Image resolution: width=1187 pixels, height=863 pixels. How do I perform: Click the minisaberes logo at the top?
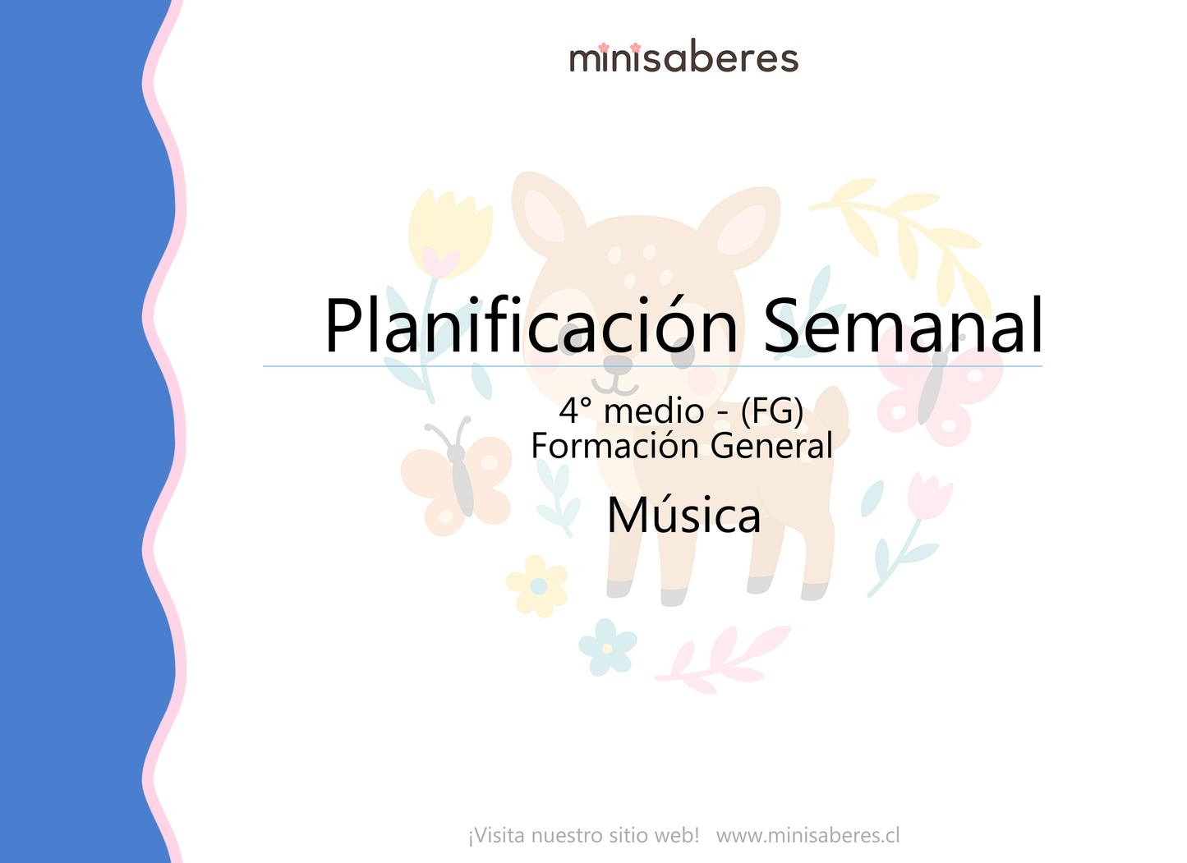(683, 58)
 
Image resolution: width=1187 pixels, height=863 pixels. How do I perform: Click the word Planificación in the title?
(531, 326)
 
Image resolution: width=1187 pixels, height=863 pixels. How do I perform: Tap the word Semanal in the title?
(903, 326)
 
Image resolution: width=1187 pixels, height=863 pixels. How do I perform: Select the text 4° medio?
(631, 411)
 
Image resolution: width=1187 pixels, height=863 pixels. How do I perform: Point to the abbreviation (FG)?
(771, 411)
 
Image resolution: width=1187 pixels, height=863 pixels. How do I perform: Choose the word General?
(771, 446)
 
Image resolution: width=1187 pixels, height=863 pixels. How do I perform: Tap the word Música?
(683, 516)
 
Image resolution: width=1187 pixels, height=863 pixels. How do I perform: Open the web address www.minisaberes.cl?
(807, 836)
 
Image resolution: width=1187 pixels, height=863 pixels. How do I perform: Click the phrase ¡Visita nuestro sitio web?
(583, 836)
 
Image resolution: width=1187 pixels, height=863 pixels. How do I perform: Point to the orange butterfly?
(456, 480)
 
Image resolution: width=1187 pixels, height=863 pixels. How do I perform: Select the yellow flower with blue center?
(537, 585)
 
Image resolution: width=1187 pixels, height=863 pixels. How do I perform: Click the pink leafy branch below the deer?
(723, 657)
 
